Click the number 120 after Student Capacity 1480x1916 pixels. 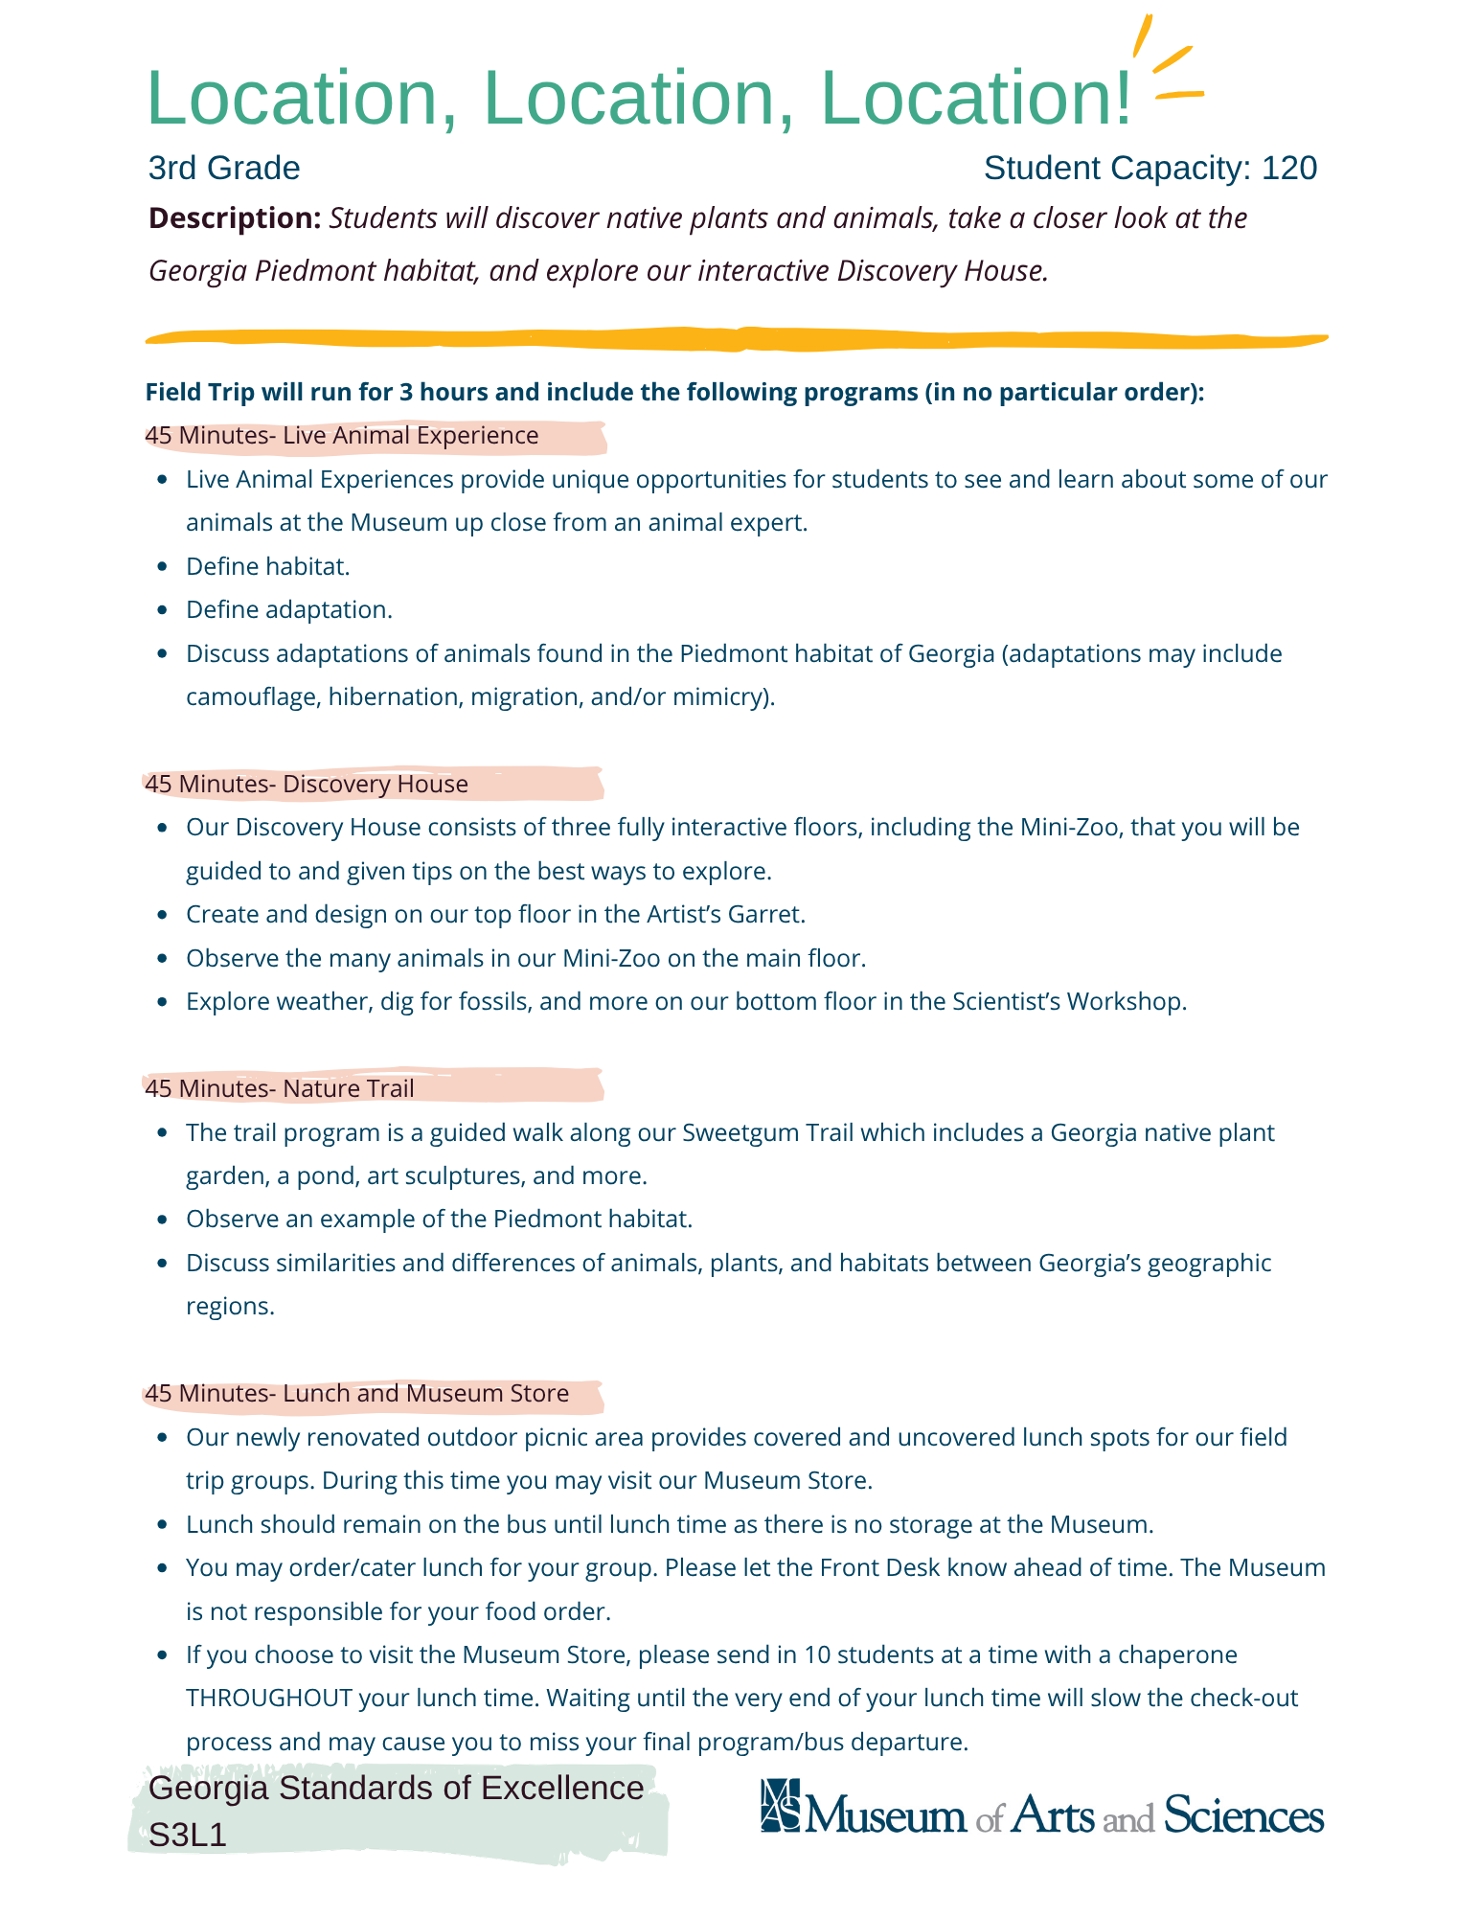tap(1288, 169)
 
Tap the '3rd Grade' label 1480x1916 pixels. tap(224, 169)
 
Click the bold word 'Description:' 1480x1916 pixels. tap(235, 218)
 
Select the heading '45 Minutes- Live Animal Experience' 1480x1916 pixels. tap(342, 436)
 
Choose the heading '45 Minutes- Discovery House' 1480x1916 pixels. tap(307, 784)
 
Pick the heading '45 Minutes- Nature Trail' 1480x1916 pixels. tap(280, 1088)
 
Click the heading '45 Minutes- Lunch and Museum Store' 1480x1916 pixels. tap(356, 1393)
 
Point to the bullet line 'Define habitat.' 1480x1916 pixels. tap(268, 566)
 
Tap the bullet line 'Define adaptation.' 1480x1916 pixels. tap(289, 610)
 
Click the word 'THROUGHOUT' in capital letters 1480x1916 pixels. tap(269, 1699)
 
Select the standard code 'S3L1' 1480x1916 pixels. tap(188, 1835)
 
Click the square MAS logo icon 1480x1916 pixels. tap(780, 1805)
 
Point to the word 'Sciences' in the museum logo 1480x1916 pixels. tap(1243, 1814)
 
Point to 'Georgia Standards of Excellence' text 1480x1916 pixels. tap(397, 1789)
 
